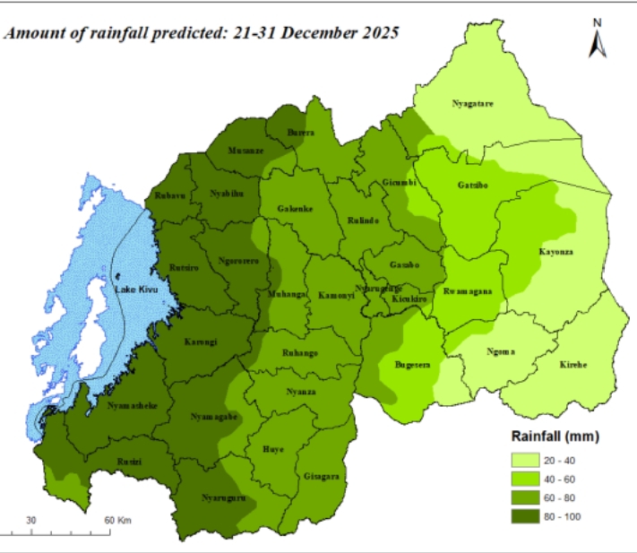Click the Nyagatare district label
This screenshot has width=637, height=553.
coord(472,105)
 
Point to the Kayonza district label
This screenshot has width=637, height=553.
coord(555,252)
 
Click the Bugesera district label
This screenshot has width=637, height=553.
coord(412,365)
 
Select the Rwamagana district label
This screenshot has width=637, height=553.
coord(468,292)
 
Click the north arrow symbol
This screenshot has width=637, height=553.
coord(596,39)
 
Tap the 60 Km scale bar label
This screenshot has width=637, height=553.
coord(116,521)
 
